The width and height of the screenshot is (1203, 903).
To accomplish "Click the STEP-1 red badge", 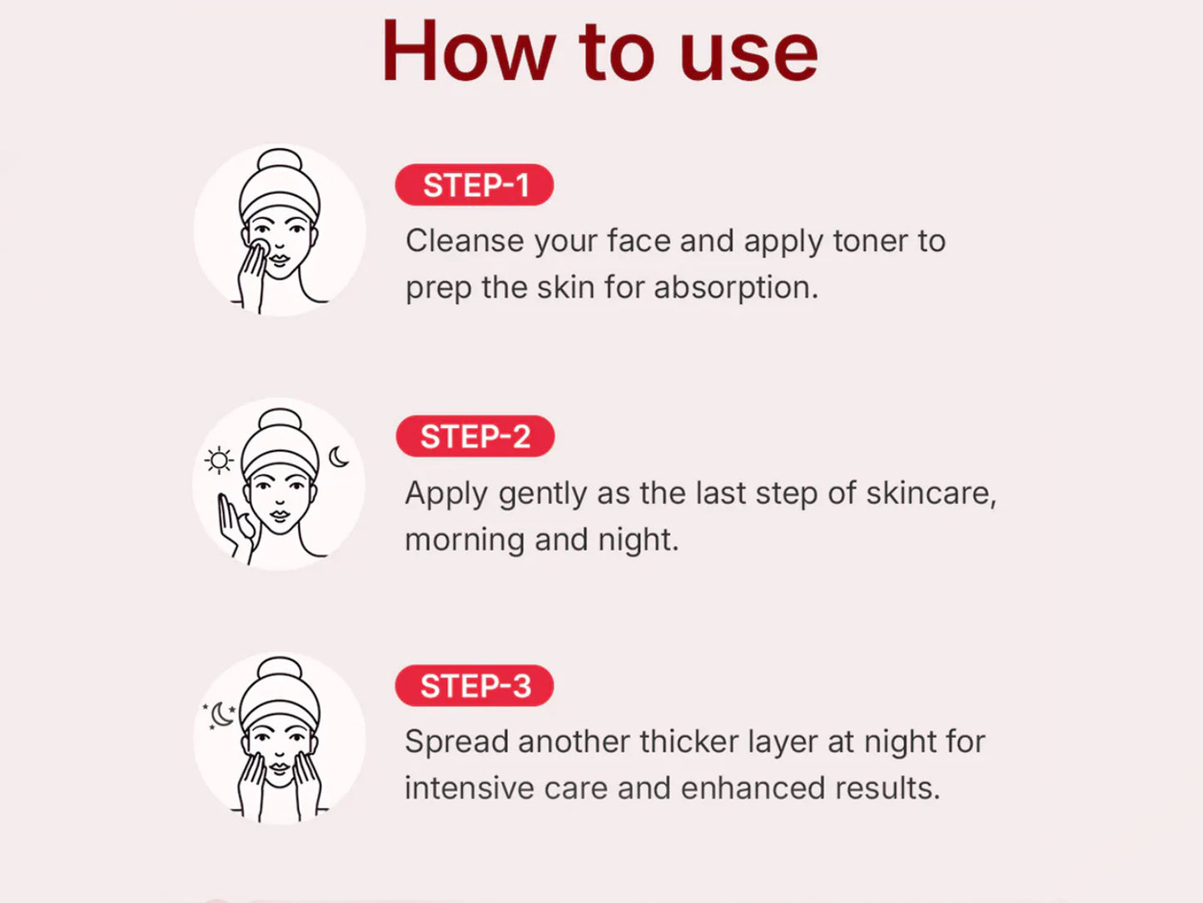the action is (474, 185).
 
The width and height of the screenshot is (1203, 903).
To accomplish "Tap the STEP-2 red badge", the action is (475, 437).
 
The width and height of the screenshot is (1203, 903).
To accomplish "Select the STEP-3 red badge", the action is (474, 686).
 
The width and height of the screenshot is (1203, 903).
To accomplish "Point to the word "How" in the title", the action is (470, 51).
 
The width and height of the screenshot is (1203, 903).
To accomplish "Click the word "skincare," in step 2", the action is (931, 493).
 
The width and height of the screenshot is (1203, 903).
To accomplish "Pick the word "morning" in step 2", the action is (465, 541).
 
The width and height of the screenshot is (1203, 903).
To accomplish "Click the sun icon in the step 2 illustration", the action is (219, 461).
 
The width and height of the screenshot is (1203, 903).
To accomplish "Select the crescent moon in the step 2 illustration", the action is (339, 456).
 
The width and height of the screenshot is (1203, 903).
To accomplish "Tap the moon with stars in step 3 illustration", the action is (220, 715).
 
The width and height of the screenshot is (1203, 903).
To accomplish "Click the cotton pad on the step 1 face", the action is (259, 247).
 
